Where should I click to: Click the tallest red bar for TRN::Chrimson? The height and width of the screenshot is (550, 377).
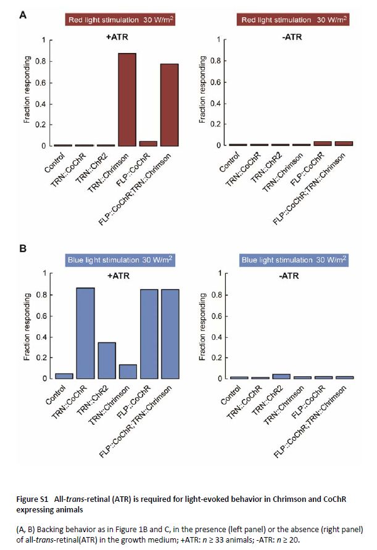(127, 99)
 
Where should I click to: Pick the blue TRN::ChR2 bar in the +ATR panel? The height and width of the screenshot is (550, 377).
(106, 360)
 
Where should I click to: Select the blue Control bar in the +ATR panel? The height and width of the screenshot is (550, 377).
(64, 376)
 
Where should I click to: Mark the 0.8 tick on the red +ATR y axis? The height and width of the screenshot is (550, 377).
(41, 61)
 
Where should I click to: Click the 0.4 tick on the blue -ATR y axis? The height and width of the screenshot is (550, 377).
(217, 336)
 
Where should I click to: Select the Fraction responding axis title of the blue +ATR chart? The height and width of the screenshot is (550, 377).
(27, 326)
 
